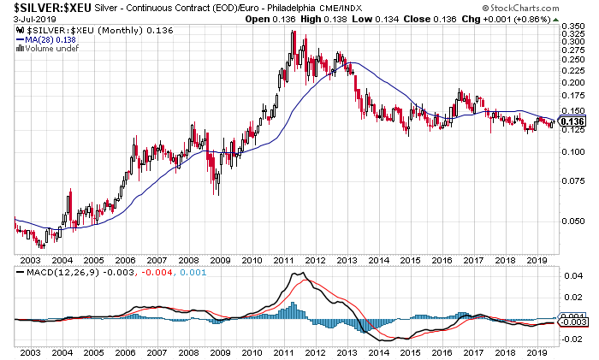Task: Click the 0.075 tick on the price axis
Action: [x=572, y=181]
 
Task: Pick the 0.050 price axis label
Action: [x=572, y=221]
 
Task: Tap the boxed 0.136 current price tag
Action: [x=572, y=122]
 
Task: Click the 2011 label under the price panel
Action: [x=283, y=259]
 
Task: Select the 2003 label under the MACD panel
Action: [x=29, y=351]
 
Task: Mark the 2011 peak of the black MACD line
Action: [x=298, y=273]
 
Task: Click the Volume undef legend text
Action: [x=48, y=47]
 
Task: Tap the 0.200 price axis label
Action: [x=572, y=83]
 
